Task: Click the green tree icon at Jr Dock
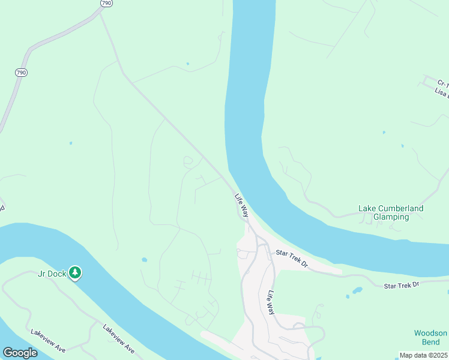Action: click(x=75, y=273)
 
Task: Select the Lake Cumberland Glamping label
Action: click(x=391, y=212)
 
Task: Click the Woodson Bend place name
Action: click(x=430, y=338)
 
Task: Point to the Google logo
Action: click(x=20, y=353)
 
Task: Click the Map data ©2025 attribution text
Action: click(x=423, y=355)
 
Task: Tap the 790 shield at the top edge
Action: click(x=106, y=3)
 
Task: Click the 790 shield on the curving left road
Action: click(x=21, y=73)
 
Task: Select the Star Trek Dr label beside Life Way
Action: click(x=292, y=259)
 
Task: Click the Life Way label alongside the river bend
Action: click(x=241, y=205)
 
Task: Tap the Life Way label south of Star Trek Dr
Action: click(x=271, y=303)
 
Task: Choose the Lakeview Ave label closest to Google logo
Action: click(x=47, y=340)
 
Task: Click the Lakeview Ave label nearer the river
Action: click(x=118, y=338)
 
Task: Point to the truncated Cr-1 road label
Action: click(x=443, y=83)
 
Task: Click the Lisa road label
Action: click(x=442, y=93)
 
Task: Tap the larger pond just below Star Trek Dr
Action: click(x=357, y=290)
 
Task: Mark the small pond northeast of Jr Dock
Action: click(x=145, y=260)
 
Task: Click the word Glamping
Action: click(x=391, y=217)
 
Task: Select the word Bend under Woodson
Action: click(x=430, y=343)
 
